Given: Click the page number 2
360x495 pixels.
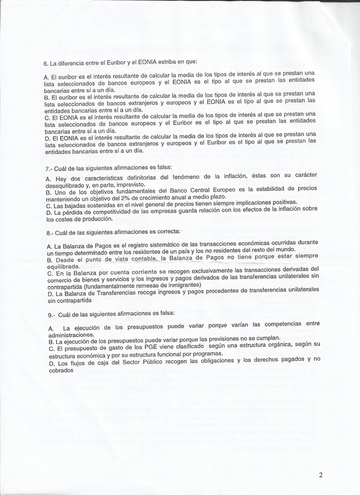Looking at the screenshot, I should tap(320, 475).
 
